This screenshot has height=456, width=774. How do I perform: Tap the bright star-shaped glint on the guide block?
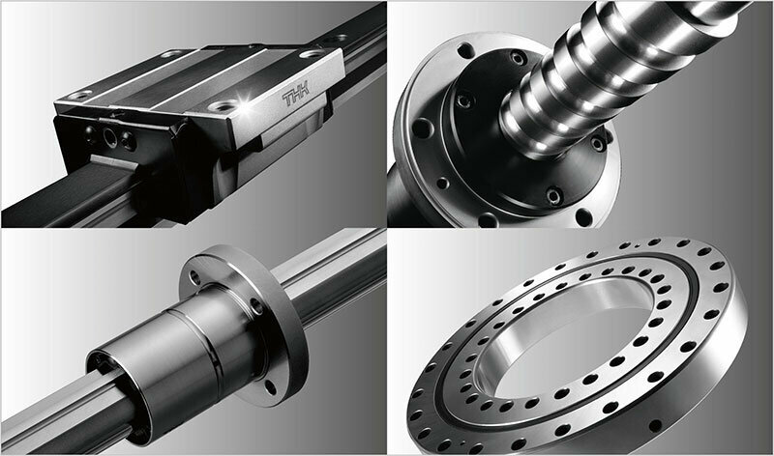[244, 102]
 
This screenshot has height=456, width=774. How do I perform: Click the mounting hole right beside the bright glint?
[223, 104]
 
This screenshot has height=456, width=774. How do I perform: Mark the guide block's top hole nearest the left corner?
[79, 94]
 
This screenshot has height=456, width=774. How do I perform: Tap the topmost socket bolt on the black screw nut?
[517, 59]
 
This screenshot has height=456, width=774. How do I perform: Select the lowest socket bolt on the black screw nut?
[553, 196]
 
